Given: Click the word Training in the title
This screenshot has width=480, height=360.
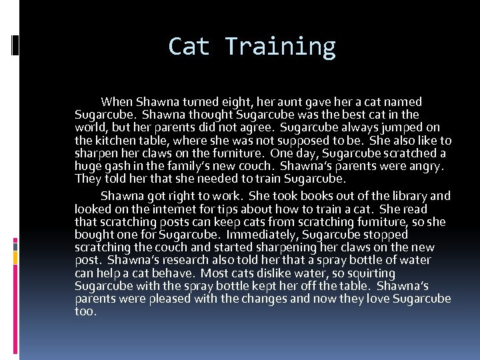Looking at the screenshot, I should point(280,47).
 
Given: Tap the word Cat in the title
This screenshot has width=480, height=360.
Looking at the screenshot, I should point(189,47).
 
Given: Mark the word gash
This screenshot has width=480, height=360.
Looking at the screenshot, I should point(116,166).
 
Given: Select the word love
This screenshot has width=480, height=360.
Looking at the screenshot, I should point(377,299).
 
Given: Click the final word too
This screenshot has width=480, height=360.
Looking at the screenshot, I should point(86,311).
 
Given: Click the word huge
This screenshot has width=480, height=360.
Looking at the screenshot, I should point(89,166).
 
